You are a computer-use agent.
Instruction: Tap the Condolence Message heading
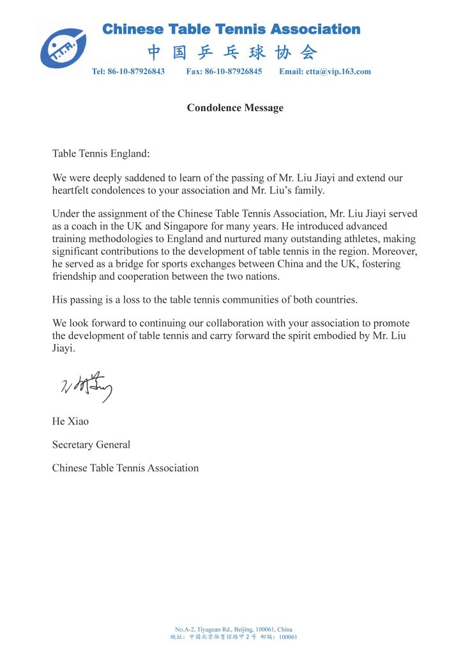coord(235,108)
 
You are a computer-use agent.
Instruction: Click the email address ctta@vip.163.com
coord(339,72)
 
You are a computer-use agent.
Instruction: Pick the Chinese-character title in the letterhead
coord(232,52)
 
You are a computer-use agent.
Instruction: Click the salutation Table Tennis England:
coord(100,154)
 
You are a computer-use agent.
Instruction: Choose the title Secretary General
coord(91,445)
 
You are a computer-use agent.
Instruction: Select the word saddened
coord(138,178)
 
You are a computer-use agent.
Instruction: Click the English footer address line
coord(234,629)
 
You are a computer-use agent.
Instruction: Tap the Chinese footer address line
coord(234,637)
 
